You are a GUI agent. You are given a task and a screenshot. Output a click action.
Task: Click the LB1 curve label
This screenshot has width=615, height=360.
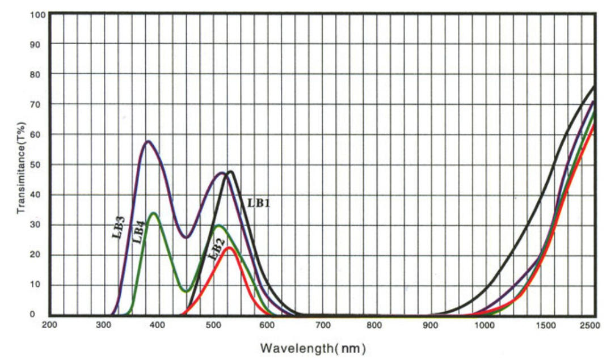(x=258, y=202)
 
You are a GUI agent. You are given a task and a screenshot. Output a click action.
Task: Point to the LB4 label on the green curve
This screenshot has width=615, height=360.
(x=138, y=232)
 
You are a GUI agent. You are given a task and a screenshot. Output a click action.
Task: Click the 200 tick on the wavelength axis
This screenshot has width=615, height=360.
(x=50, y=325)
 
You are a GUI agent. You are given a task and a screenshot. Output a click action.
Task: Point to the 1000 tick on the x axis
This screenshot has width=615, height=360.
(x=486, y=325)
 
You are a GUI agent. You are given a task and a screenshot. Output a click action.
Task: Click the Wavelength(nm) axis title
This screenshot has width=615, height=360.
(x=313, y=346)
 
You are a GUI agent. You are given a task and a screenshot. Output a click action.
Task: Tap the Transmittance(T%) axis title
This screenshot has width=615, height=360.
(x=22, y=168)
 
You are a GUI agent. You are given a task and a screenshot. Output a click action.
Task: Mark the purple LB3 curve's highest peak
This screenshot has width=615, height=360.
(x=148, y=141)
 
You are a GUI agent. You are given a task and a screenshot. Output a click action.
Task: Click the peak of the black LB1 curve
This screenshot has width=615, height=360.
(x=231, y=171)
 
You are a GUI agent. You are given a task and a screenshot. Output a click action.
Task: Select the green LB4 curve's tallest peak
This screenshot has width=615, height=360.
(x=154, y=213)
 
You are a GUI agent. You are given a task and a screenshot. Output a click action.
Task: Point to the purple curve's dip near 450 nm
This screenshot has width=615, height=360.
(x=186, y=237)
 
